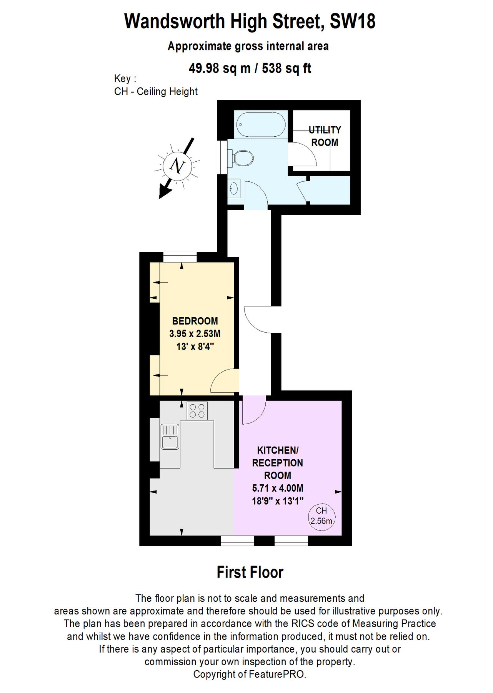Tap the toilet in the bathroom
pos(242,158)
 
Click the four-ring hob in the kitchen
pos(197,411)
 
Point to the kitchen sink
pos(170,437)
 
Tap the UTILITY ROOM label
pos(325,136)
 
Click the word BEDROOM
pos(195,321)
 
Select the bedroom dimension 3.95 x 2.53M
pos(195,333)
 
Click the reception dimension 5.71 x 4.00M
pos(278,488)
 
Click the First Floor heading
pos(250,572)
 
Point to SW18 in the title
pos(353,21)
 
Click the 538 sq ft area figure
pos(286,68)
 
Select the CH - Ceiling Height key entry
pos(156,92)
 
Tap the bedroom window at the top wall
pos(180,257)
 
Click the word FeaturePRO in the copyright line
pos(276,674)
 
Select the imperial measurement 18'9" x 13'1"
pos(278,501)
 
